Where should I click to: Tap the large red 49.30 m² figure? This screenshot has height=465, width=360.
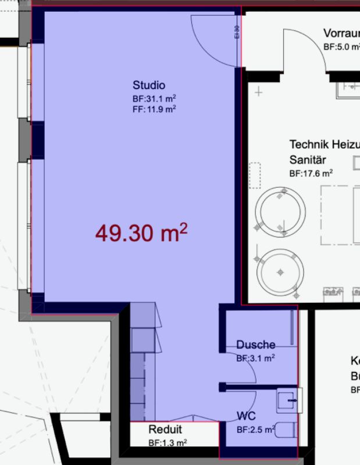coord(141,233)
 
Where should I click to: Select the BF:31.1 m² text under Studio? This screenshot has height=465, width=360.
coord(154,99)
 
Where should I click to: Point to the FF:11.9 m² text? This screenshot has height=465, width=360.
coord(154,109)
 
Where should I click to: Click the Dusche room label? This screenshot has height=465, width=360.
coord(255,345)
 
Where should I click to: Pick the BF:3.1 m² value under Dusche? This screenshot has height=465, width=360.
coord(255,359)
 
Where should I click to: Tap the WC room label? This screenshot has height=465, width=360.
coord(245,417)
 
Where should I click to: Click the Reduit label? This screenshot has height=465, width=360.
coord(165,430)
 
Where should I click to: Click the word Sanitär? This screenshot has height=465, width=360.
coord(308,159)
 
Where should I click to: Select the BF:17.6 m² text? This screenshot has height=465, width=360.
coord(311,173)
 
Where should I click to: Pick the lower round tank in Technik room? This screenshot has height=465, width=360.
coord(281,271)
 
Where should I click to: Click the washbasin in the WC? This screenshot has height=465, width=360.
coord(288,400)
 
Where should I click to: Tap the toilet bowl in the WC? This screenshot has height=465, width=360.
coord(284,431)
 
